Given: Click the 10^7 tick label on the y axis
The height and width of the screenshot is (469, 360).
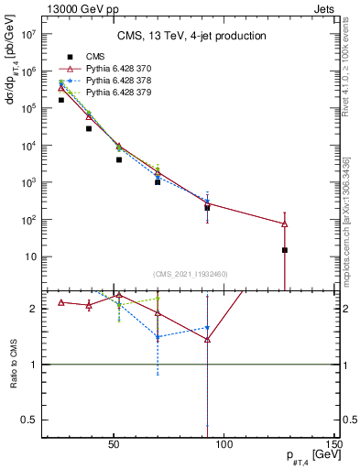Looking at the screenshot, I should click(27, 34).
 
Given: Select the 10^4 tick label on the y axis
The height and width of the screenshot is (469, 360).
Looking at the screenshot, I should click(27, 146).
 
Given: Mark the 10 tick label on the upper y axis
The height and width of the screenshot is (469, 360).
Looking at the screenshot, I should click(29, 257).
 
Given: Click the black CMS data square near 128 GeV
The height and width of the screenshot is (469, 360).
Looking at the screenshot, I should click(285, 250).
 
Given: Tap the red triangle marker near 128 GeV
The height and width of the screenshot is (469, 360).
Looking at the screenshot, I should click(285, 224).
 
